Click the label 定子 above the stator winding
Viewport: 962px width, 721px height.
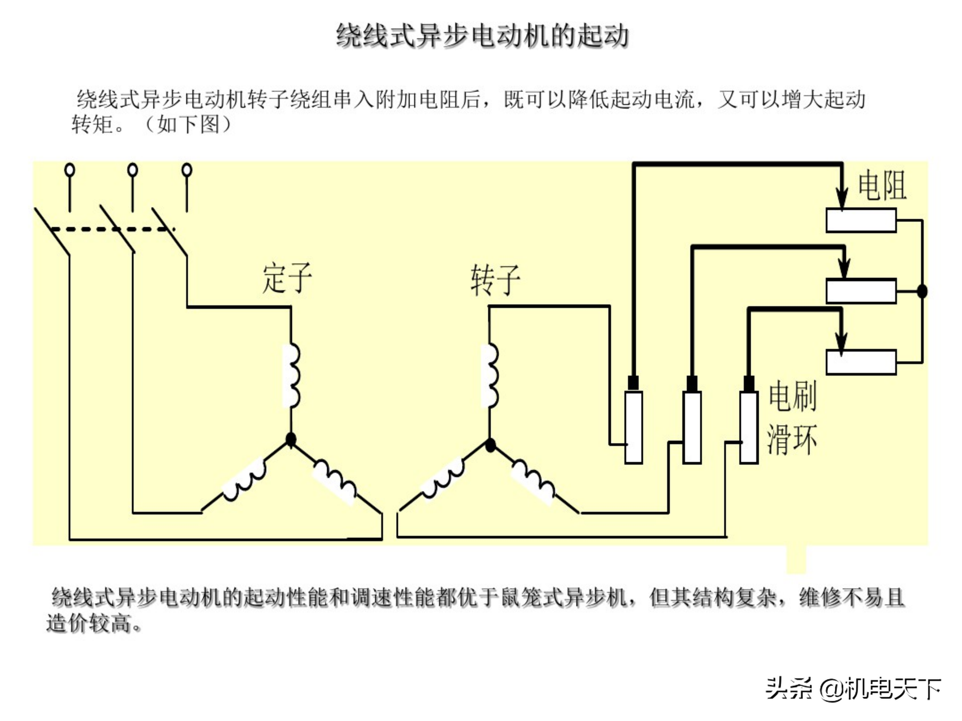coord(287,278)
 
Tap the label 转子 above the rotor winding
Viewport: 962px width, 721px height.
coord(495,280)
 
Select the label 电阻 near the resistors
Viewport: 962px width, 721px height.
coord(882,186)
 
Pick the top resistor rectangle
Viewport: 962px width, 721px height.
coord(861,220)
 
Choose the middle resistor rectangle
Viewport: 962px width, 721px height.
coord(861,291)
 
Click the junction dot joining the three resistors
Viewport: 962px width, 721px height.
coord(922,291)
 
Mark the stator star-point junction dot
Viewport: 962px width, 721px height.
coord(291,439)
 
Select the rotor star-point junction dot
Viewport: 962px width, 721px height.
coord(490,445)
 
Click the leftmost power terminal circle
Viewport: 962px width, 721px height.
coord(69,170)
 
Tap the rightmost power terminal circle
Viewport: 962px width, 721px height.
coord(187,170)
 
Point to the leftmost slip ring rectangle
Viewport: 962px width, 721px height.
coord(634,427)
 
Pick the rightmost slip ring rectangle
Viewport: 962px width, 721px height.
coord(749,427)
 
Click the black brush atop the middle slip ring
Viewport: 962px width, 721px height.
coord(691,383)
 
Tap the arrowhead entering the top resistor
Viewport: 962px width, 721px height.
coord(842,200)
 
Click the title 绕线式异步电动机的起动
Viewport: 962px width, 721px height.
coord(482,36)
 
